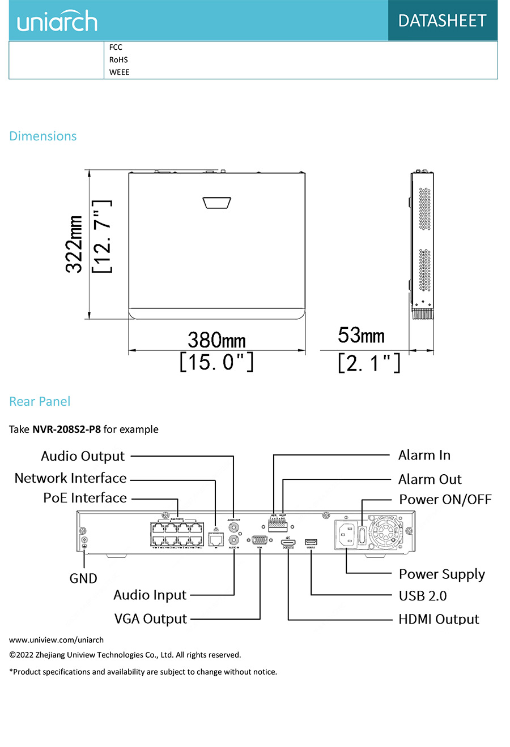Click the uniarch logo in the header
click(x=57, y=22)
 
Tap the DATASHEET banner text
click(x=442, y=21)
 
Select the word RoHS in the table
click(x=118, y=59)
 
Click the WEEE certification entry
click(x=119, y=72)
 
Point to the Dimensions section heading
click(x=43, y=136)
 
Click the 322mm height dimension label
click(x=75, y=244)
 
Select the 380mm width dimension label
click(x=216, y=340)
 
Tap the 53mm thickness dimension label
click(x=361, y=335)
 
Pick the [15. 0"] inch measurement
click(x=216, y=362)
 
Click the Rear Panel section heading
click(x=40, y=402)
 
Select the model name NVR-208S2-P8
click(x=66, y=430)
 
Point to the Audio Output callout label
click(x=83, y=456)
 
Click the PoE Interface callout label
click(x=85, y=498)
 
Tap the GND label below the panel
click(x=83, y=578)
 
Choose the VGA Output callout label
click(x=150, y=619)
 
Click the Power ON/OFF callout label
click(x=445, y=500)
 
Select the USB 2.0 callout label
click(x=423, y=596)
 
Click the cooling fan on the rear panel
click(x=385, y=533)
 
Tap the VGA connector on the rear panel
click(x=260, y=539)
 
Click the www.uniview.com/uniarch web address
click(x=56, y=640)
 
